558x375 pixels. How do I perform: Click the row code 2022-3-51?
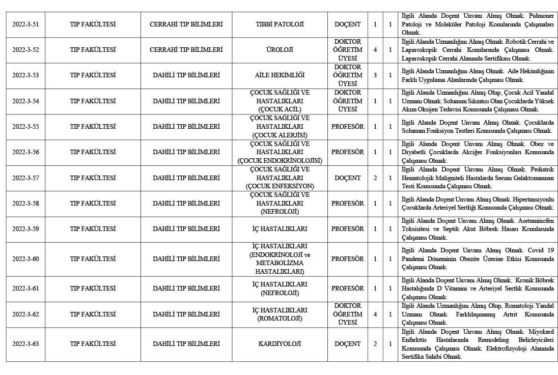tap(25, 24)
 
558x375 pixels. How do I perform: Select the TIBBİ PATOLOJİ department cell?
tap(280, 24)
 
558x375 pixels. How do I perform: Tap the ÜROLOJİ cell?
tap(280, 50)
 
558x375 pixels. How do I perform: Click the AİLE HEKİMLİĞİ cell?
tap(280, 75)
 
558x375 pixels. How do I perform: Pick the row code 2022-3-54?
tap(25, 101)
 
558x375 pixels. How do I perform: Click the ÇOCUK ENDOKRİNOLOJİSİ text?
tap(280, 161)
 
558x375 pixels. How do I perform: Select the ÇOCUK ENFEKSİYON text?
tap(280, 186)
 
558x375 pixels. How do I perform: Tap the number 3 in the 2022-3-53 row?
tap(375, 75)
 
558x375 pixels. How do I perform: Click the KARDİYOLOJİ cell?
tap(280, 344)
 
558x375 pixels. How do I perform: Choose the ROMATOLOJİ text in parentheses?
tap(280, 319)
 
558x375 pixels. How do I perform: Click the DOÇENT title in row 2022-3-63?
tap(348, 344)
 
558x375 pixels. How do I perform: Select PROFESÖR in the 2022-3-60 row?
tap(348, 259)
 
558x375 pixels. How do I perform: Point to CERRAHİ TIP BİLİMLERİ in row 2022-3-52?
tap(186, 50)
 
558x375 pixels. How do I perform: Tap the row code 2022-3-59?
tap(25, 229)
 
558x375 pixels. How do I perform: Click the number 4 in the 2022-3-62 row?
tap(375, 314)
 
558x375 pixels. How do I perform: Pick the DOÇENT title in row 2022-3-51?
tap(348, 24)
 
